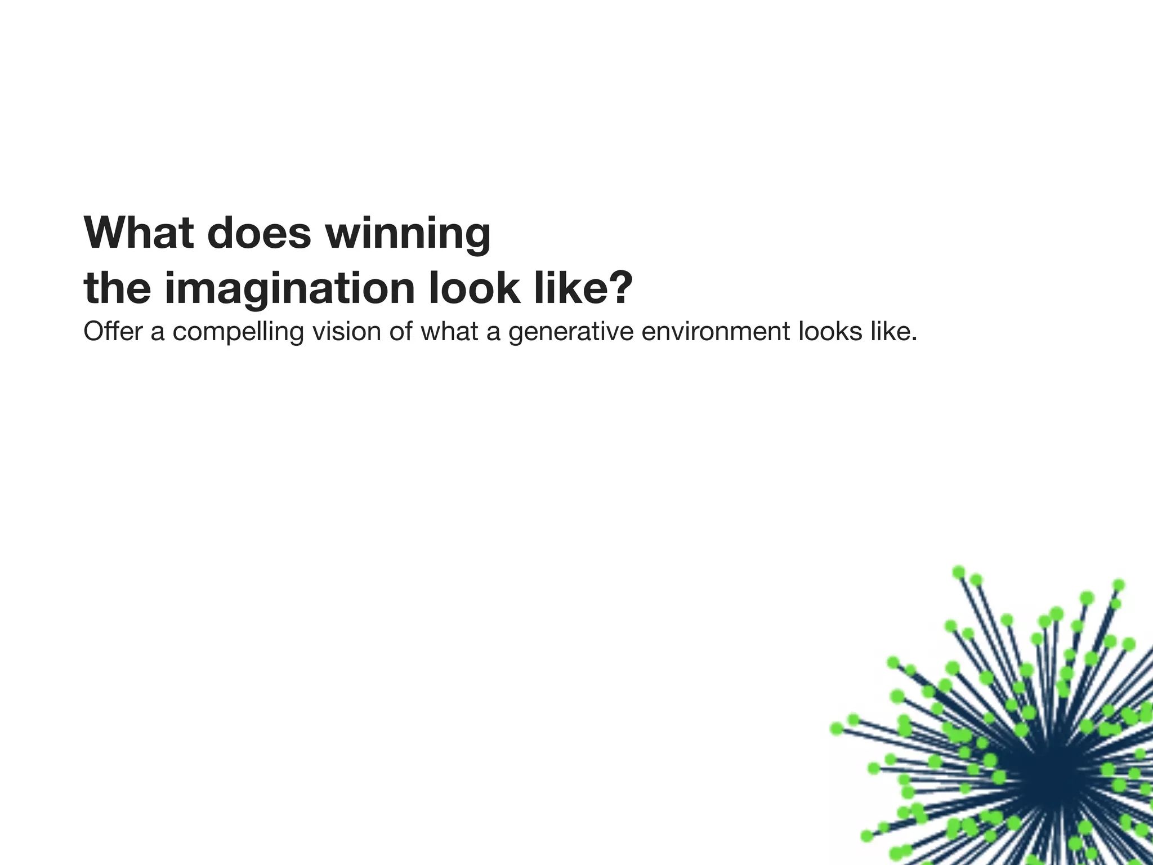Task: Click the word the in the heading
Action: click(117, 288)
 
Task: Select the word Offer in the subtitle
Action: click(113, 331)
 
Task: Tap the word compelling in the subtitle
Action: click(238, 332)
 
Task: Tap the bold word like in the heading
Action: click(570, 288)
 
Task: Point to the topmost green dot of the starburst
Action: click(959, 572)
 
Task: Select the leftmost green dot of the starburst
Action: click(837, 729)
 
